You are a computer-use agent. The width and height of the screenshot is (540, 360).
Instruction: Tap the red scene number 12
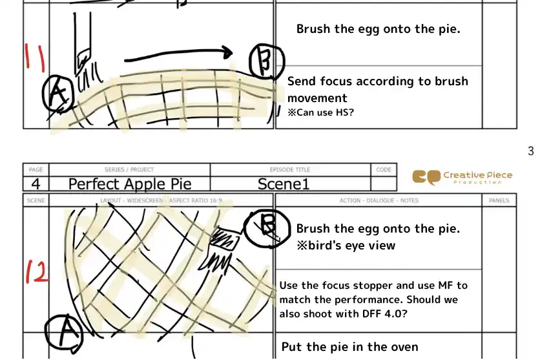pos(37,271)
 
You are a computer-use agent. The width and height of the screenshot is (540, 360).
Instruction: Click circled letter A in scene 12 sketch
pos(63,332)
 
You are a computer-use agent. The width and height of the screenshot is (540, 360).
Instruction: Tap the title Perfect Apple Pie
pos(129,184)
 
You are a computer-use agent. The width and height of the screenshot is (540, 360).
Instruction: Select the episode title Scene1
pos(284,184)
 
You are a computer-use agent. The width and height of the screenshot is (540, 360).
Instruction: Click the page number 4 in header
pos(36,184)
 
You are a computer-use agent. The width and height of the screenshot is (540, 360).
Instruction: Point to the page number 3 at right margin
pos(530,151)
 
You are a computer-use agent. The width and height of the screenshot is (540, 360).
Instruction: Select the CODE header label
pos(384,169)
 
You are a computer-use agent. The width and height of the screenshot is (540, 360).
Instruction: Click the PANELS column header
pos(499,200)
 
